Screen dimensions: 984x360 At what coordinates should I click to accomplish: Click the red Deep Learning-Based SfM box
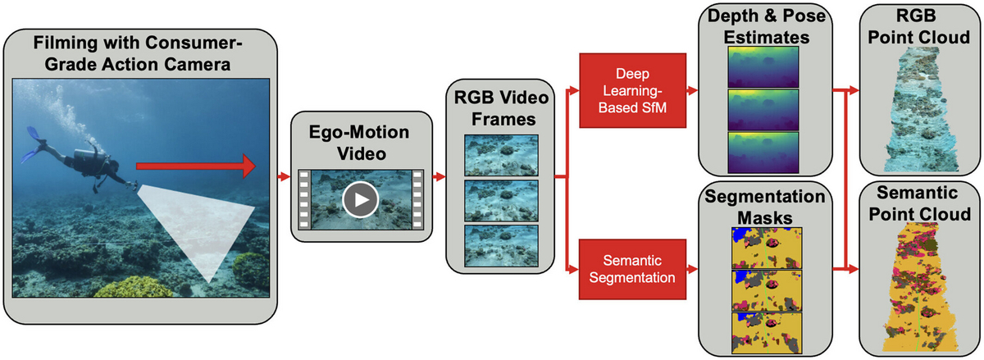(632, 90)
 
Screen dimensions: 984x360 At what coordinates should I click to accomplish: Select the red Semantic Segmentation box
(632, 269)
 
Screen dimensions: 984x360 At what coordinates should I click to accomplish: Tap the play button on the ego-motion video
(360, 199)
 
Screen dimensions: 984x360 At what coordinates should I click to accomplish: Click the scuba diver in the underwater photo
(79, 162)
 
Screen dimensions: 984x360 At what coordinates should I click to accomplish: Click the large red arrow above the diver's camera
(196, 166)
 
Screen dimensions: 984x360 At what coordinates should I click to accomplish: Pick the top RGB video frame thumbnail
(501, 155)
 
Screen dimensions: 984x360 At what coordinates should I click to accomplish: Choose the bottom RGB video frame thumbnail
(501, 246)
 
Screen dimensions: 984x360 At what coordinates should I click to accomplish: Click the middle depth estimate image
(763, 109)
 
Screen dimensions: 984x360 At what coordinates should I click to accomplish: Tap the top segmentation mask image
(767, 248)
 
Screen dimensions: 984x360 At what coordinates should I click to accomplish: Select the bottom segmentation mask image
(767, 333)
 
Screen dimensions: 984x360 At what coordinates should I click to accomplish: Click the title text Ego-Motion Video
(359, 143)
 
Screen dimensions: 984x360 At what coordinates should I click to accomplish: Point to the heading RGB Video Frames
(501, 108)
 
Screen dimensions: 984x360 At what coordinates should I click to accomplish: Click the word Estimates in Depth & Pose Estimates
(767, 38)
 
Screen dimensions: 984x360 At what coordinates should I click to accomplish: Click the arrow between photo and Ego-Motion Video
(285, 176)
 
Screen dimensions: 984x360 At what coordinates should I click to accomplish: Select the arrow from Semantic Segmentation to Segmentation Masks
(692, 269)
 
